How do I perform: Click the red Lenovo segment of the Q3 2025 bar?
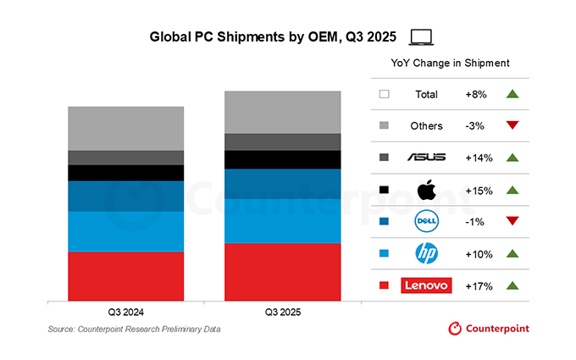(x=282, y=271)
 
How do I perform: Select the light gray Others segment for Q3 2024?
(x=126, y=128)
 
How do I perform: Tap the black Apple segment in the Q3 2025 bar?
(x=282, y=159)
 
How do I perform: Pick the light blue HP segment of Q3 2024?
(x=126, y=230)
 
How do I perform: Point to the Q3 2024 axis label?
(x=126, y=312)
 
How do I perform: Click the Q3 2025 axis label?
(x=282, y=312)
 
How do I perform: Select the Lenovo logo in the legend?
(x=426, y=285)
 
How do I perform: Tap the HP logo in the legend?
(x=426, y=253)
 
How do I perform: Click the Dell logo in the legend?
(x=426, y=221)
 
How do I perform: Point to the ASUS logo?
(x=426, y=158)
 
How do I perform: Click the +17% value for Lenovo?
(x=479, y=285)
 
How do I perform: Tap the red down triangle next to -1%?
(x=511, y=221)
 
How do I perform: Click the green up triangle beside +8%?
(x=511, y=94)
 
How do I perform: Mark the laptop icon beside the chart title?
(x=421, y=36)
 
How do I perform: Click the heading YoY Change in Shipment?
(x=450, y=64)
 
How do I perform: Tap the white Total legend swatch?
(x=384, y=94)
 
